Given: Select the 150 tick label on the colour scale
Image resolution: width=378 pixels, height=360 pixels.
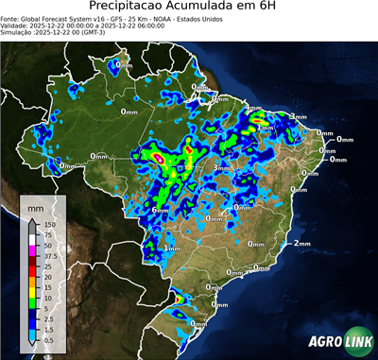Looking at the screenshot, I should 49,224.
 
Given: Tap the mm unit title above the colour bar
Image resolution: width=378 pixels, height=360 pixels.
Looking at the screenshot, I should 36,205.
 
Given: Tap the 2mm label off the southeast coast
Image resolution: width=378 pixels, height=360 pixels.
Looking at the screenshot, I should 301,243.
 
